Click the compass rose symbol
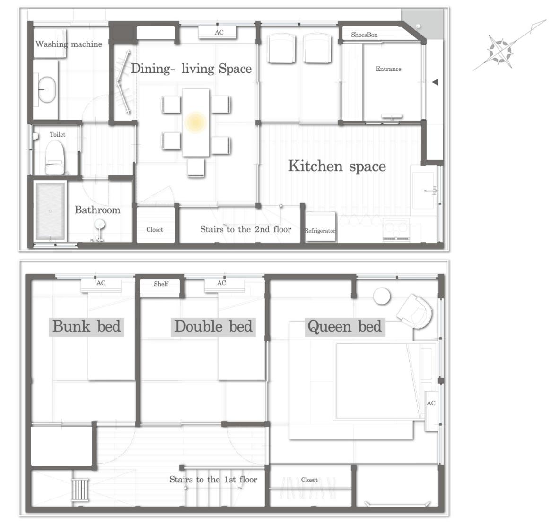coord(500,52)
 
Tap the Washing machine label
coord(69,44)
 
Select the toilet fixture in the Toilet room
coord(55,157)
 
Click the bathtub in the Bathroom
coord(50,211)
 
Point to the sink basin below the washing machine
coord(46,90)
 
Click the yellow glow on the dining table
coord(195,122)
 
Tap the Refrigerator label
coord(320,231)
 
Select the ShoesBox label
coord(364,35)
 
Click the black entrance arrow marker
coord(435,82)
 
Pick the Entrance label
coord(388,69)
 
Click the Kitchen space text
coord(337,166)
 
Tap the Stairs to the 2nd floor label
coord(245,229)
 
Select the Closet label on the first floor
coord(155,230)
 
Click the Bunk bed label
coord(87,326)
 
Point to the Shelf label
coord(161,284)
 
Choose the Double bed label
coord(213,326)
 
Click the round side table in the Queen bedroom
coord(382,296)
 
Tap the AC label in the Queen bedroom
coord(431,403)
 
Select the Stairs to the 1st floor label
coord(213,480)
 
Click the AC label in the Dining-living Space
coord(219,33)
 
